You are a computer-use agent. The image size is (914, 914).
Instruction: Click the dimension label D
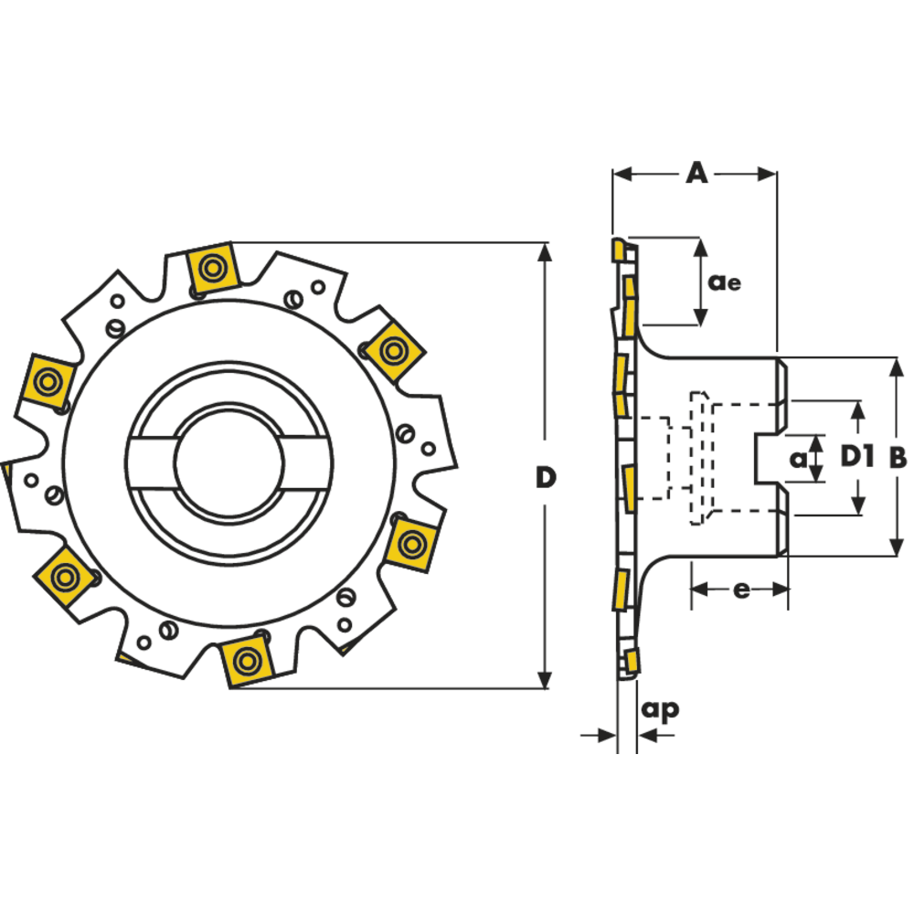point(546,477)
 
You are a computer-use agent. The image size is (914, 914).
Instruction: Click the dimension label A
point(696,173)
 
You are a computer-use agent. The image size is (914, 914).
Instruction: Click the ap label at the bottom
point(660,708)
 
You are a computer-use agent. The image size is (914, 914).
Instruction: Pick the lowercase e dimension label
point(741,590)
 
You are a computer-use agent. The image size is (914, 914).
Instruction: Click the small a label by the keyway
point(798,457)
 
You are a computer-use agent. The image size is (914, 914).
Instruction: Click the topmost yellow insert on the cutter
point(213,269)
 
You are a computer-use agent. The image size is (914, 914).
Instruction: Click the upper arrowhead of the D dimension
point(545,252)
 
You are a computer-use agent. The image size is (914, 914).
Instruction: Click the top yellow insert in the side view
point(619,249)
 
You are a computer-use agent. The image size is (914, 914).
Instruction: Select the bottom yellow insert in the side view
point(632,660)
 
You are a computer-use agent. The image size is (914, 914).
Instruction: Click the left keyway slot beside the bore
point(151,463)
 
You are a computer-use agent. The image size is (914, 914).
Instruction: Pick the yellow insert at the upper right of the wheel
point(394,349)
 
